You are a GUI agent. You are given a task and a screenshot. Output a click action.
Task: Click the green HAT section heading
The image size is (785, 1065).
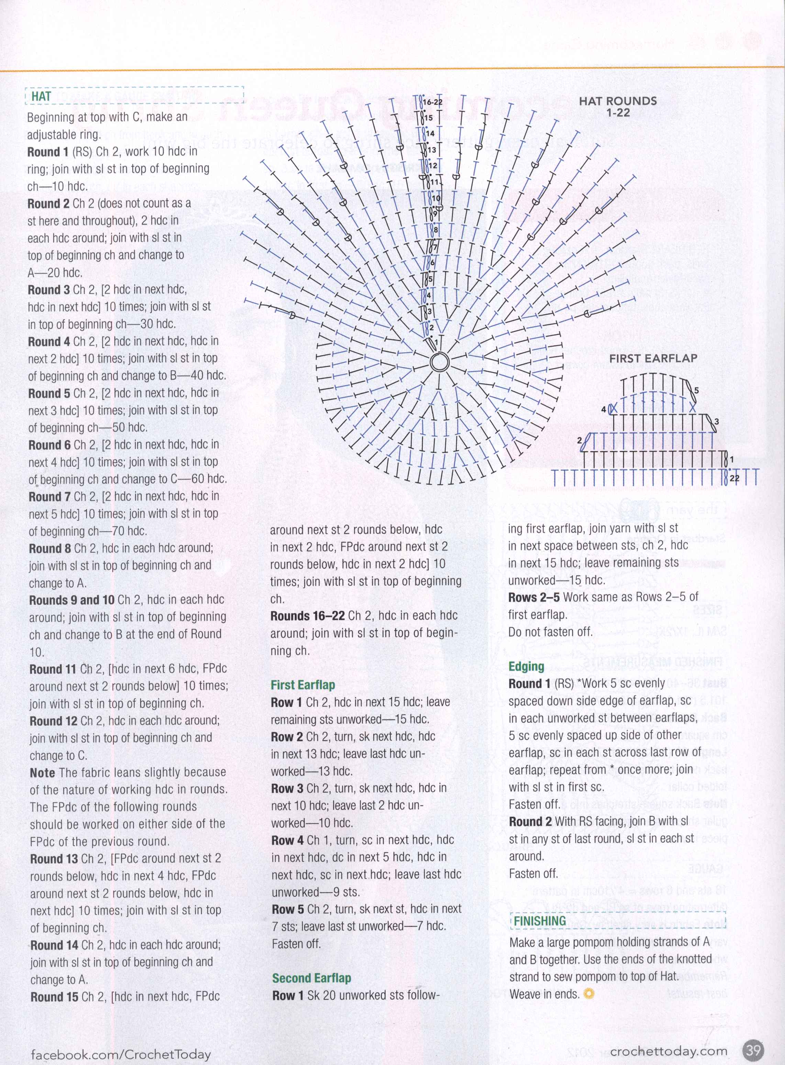[x=41, y=97]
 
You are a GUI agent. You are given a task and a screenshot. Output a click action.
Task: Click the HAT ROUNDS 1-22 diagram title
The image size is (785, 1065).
[x=617, y=107]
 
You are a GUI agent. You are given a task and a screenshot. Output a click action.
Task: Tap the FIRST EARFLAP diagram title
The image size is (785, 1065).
[x=653, y=358]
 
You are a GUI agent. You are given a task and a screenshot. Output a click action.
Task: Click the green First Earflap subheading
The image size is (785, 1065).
[x=303, y=685]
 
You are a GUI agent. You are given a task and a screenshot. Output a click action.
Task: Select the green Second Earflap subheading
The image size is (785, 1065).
[x=311, y=978]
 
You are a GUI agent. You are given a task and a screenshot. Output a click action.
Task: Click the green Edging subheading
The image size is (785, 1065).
[x=526, y=666]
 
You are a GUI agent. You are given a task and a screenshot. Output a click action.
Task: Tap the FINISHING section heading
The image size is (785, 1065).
[x=540, y=921]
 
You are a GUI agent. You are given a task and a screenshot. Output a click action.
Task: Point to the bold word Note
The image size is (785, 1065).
[x=42, y=773]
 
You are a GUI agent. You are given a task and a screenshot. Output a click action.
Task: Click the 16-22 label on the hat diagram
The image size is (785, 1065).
[x=432, y=102]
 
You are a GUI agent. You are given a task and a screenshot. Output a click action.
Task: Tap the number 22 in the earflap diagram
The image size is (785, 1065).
[x=734, y=478]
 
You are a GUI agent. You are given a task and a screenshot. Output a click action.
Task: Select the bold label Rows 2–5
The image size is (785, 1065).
[x=534, y=597]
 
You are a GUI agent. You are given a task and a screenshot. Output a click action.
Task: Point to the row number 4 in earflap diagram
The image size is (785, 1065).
[x=604, y=409]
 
